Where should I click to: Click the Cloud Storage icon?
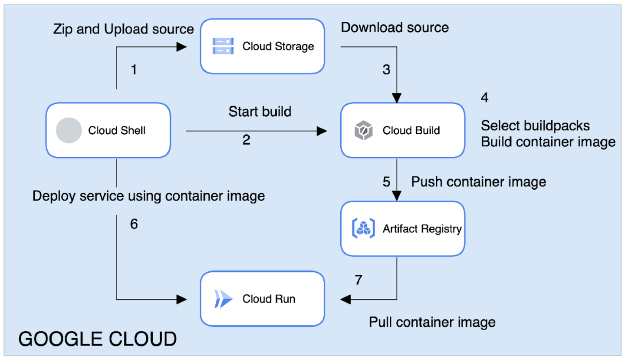[223, 46]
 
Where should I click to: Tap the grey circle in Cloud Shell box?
[69, 130]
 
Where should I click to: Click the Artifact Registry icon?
[363, 228]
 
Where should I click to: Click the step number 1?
[134, 69]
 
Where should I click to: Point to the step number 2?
[246, 140]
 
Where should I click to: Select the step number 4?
[485, 97]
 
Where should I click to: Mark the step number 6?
[134, 225]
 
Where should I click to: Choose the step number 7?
[358, 280]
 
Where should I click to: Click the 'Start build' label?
[260, 112]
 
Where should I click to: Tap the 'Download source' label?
[395, 27]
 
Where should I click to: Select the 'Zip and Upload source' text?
[123, 29]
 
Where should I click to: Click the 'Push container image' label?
[478, 182]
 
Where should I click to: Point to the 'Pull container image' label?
[432, 322]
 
